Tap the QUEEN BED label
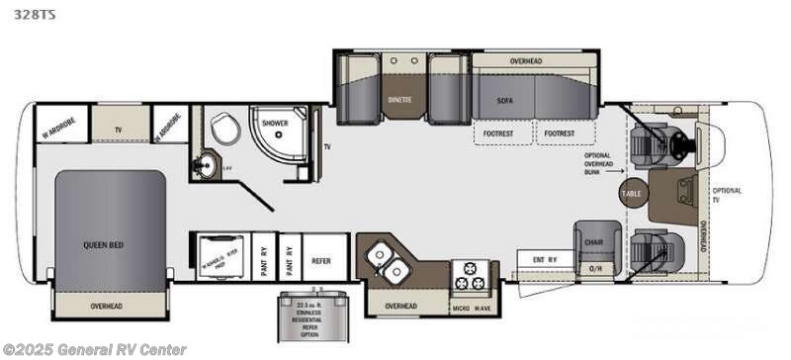[x=102, y=244]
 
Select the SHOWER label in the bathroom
[x=274, y=124]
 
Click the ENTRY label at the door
[x=545, y=260]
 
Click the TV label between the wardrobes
[x=119, y=130]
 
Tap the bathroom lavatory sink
[x=206, y=164]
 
